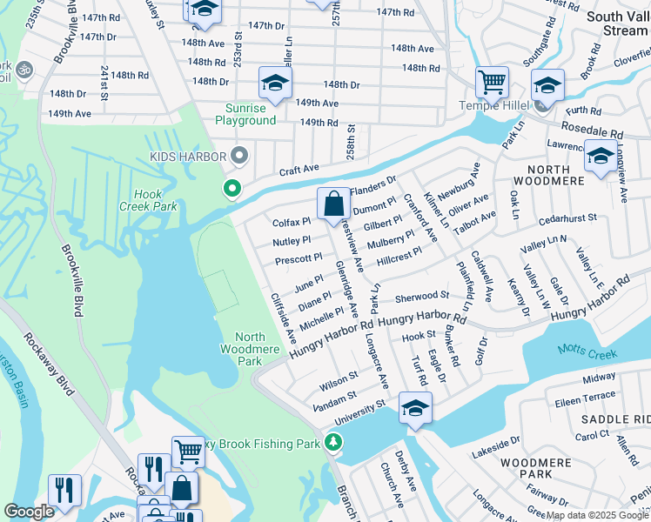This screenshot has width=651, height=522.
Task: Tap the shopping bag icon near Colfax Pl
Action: click(334, 205)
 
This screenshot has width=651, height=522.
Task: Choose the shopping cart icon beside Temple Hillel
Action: click(492, 83)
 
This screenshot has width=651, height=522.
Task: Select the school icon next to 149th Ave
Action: click(275, 84)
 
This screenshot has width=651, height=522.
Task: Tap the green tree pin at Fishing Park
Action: click(332, 443)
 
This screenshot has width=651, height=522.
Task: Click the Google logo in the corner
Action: click(30, 512)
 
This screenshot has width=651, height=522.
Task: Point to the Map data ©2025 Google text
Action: click(597, 515)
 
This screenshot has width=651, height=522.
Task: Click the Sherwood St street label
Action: click(421, 296)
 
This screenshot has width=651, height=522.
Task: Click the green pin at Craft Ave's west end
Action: click(232, 188)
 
